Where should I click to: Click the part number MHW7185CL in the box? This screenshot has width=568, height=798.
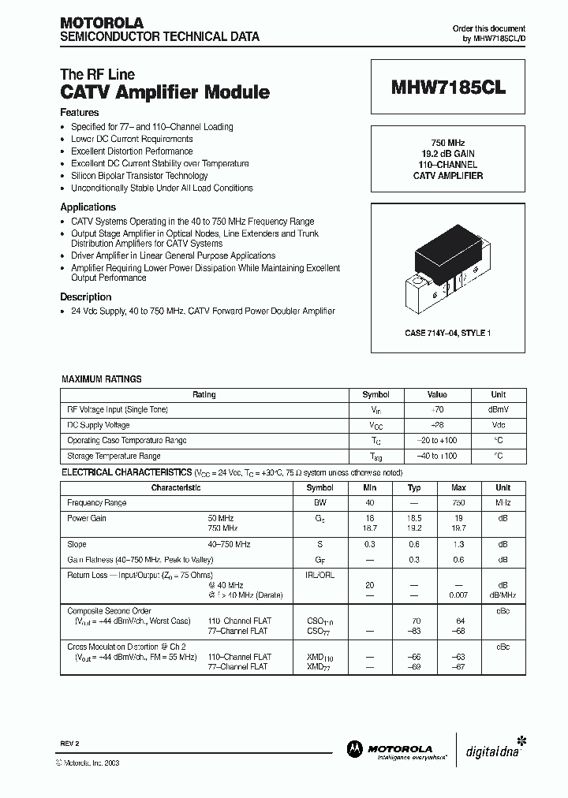coord(448,89)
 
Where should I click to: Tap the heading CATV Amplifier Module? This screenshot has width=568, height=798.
coord(165,92)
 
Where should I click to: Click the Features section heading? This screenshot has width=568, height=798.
coord(80,113)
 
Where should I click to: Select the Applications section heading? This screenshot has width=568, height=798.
coord(88,207)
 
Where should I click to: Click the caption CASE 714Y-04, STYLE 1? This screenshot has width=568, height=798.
coord(447,334)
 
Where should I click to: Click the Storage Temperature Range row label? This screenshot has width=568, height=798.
coord(114,456)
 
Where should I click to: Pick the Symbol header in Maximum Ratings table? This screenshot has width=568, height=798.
coord(376,394)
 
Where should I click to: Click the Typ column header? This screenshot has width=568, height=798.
coord(415,487)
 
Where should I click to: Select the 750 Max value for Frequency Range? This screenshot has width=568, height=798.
coord(458,502)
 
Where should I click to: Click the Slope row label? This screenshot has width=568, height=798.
coord(77,544)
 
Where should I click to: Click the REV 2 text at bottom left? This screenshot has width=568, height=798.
coord(69,744)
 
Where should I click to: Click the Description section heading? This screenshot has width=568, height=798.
coord(85,297)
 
